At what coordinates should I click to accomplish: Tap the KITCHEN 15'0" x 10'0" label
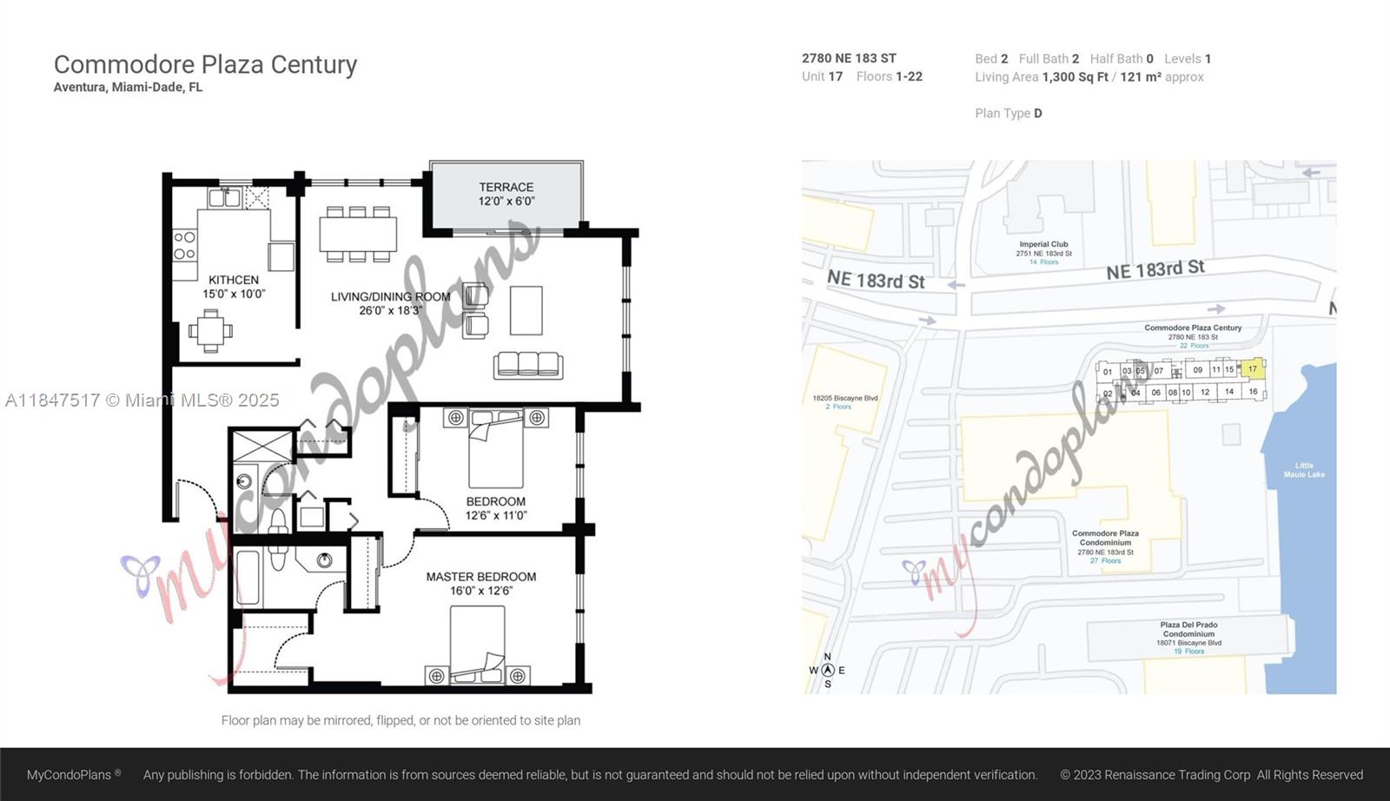[234, 287]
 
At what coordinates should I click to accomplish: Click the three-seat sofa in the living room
[528, 365]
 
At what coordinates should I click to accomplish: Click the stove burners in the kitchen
[184, 245]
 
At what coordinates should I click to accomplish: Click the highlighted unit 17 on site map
[1252, 368]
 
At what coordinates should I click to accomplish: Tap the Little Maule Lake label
[1304, 470]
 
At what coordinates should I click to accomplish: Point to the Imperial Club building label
[1043, 249]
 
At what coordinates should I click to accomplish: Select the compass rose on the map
[827, 670]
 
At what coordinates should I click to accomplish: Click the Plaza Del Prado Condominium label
[1188, 633]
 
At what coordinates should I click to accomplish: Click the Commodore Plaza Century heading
[205, 64]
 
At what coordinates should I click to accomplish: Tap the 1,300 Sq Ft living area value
[1075, 77]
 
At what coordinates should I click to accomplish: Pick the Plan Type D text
[1008, 113]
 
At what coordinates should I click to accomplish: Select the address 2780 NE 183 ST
[849, 58]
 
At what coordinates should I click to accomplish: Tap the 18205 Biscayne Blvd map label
[844, 401]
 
